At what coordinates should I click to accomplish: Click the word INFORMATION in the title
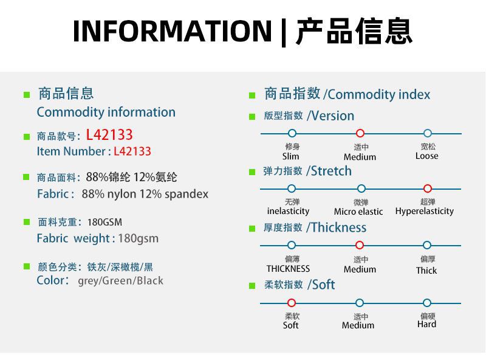(x=172, y=31)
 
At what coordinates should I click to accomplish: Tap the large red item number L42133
(x=109, y=134)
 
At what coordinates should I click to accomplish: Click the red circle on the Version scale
(x=360, y=133)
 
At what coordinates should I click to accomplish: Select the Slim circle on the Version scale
(x=292, y=133)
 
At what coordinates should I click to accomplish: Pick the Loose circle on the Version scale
(x=428, y=133)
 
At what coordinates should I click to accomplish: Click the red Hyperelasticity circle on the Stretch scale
(x=428, y=189)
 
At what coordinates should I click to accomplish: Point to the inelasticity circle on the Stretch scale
(x=292, y=189)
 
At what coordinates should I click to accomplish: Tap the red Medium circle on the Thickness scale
(x=360, y=245)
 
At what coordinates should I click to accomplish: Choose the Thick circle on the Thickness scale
(x=427, y=245)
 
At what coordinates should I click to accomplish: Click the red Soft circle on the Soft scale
(x=292, y=303)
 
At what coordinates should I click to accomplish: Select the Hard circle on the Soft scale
(x=427, y=303)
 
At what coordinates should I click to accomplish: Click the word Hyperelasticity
(x=424, y=212)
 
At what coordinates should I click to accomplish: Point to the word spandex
(x=187, y=194)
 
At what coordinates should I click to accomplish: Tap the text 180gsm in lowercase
(x=139, y=238)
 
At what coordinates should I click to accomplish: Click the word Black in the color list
(x=150, y=280)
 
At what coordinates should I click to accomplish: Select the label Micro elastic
(x=358, y=212)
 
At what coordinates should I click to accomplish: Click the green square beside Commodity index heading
(x=252, y=95)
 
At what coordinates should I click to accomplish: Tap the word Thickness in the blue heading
(x=339, y=227)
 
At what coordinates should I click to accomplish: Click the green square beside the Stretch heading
(x=252, y=172)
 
